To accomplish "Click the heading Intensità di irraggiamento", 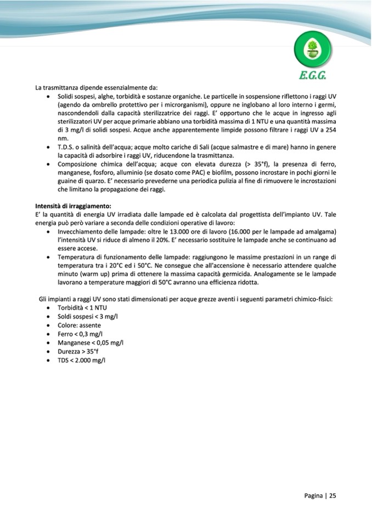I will tap(73, 206).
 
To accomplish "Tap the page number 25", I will tap(332, 495).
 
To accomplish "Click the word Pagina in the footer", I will tap(314, 495).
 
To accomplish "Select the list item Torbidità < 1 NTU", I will tap(82, 308).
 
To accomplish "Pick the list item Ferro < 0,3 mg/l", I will tap(80, 334).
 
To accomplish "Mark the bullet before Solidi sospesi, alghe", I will tap(50, 96).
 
